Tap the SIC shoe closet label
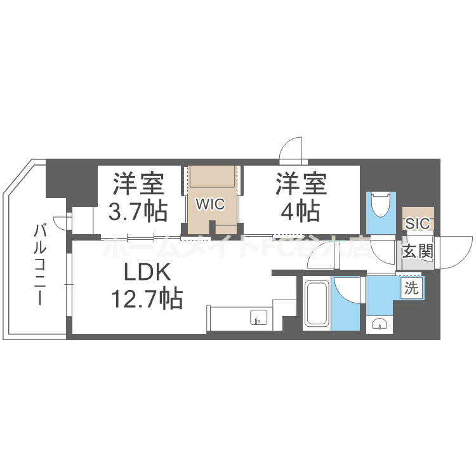pos(418,223)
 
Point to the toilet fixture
pos(382,204)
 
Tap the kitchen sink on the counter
pos(258,317)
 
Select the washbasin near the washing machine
pos(380,324)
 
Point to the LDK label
pos(147,273)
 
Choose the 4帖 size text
pos(301,209)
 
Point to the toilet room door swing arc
pos(383,253)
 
